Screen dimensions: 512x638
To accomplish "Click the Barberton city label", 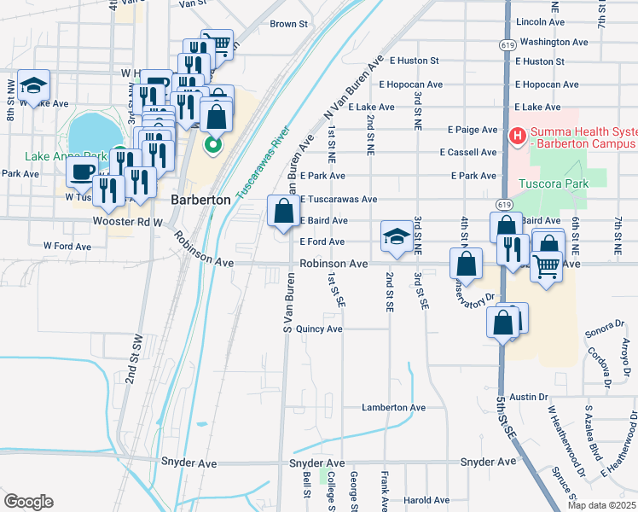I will pos(201,199).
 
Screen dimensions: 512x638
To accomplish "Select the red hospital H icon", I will pos(515,135).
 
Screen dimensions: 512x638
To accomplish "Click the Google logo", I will pos(28,501).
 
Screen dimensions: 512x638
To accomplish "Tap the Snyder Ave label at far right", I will pos(489,462).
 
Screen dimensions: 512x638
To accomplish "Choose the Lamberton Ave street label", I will pos(393,408).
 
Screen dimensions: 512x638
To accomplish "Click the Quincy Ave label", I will pos(319,329).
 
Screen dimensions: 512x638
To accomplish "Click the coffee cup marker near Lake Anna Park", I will pos(83,171).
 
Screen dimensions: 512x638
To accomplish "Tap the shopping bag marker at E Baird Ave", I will pos(282,211).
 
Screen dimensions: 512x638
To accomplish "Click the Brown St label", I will pos(288,24).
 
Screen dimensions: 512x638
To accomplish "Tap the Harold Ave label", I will pos(426,500).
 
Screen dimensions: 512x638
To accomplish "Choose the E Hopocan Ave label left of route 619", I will pos(416,84).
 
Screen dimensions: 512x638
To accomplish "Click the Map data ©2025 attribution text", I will pos(600,505).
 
